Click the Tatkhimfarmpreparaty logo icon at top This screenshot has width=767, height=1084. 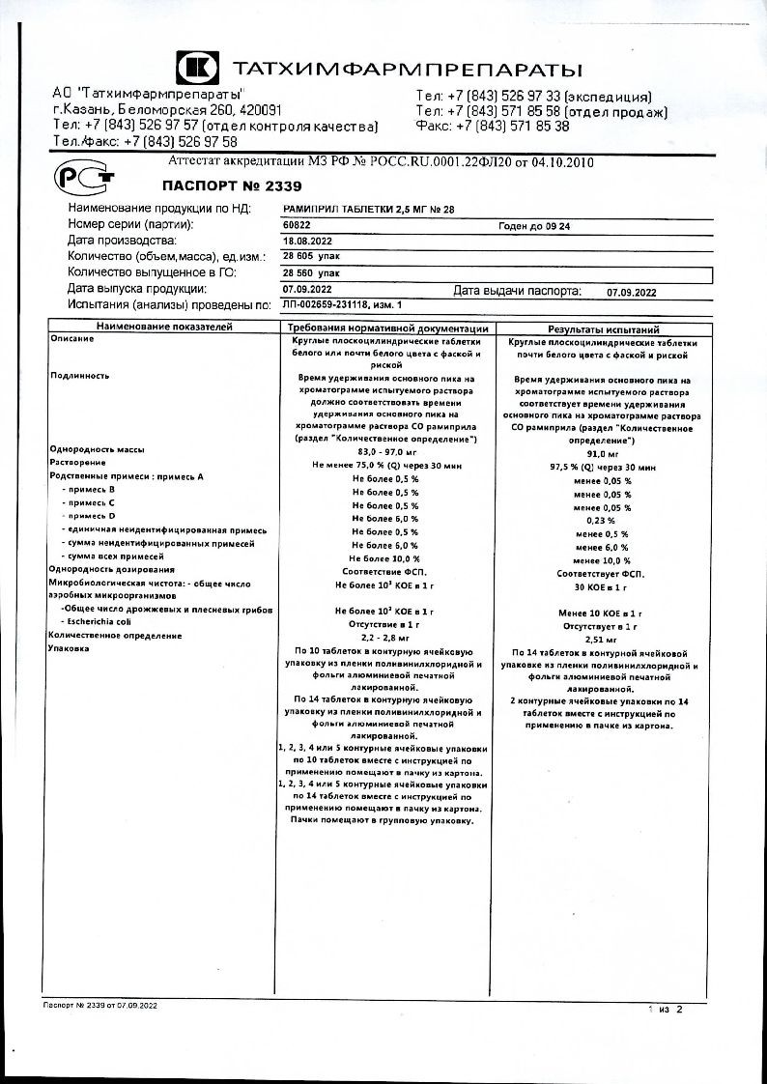pos(198,68)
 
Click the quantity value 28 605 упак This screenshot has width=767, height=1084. pos(311,256)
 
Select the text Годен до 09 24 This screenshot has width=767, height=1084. pos(534,224)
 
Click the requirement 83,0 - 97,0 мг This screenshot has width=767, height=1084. pos(385,451)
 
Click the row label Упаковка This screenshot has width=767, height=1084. pos(68,648)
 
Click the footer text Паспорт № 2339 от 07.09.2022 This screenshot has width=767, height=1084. pos(100,1006)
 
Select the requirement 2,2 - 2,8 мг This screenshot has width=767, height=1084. pos(385,637)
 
